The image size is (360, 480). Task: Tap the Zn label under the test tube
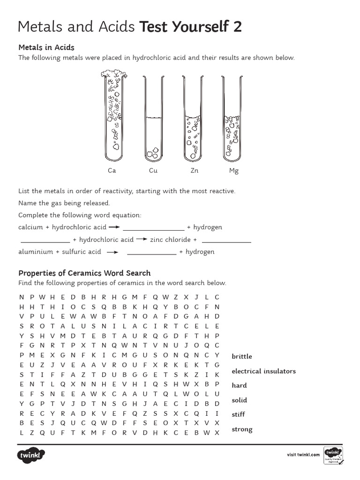194,171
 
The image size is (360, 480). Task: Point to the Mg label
233,171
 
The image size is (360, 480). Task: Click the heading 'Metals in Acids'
46,47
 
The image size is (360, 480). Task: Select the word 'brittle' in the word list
241,356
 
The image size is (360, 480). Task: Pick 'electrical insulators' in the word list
263,371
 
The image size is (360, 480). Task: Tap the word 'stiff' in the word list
238,414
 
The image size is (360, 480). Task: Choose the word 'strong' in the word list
242,429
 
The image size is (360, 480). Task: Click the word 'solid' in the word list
239,400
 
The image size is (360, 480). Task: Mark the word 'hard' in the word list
239,385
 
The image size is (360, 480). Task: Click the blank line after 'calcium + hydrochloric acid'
153,229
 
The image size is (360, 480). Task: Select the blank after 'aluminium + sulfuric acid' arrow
151,254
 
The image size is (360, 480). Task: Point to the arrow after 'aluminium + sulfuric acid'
112,252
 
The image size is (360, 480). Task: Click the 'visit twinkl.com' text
303,455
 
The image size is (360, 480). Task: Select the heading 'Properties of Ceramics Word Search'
84,273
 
